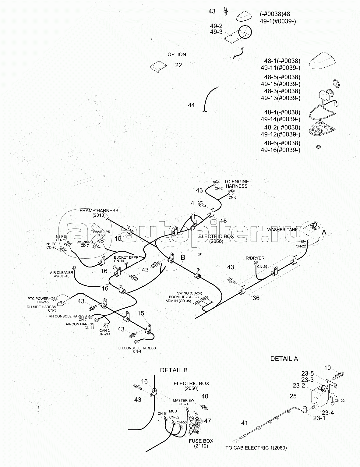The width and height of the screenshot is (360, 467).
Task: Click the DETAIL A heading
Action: coord(284,359)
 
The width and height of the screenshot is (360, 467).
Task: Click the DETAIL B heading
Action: coord(174,370)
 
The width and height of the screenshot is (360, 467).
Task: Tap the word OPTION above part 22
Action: coord(177,54)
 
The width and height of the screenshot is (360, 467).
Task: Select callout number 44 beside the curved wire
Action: coord(191,105)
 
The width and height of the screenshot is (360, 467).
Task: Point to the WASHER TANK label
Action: coord(282,229)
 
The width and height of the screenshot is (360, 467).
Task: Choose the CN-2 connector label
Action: coord(219,189)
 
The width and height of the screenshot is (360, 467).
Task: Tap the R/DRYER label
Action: coord(255,258)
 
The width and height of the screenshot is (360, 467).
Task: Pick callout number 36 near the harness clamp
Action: coord(256,298)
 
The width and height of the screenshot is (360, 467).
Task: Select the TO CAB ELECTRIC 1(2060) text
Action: coord(256,448)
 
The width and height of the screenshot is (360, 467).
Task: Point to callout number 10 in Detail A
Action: coord(327,368)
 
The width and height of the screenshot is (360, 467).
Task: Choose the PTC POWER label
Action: coord(38,299)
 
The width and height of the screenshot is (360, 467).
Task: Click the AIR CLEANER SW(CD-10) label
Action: coord(62,274)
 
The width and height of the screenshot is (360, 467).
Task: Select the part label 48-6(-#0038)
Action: coord(282,143)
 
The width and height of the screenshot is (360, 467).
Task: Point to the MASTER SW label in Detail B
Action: coord(184,400)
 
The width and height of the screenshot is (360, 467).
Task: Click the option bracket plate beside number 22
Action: coord(158,66)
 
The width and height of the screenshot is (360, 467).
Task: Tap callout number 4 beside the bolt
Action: coord(192,203)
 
